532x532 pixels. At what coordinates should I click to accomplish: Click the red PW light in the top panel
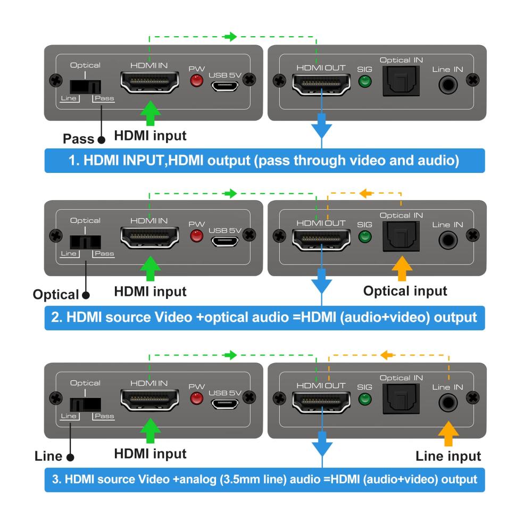click(197, 81)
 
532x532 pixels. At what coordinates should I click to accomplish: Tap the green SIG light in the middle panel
click(364, 237)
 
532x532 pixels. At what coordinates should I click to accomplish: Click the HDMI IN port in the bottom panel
click(149, 401)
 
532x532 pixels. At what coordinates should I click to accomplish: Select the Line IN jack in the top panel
click(448, 83)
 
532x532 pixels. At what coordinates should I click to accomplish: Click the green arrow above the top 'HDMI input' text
click(149, 113)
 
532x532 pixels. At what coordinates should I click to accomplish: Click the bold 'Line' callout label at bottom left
click(48, 456)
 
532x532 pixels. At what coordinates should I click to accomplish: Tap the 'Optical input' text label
click(405, 291)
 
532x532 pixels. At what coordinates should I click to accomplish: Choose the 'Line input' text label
click(448, 456)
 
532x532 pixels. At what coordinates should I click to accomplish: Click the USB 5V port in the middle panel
click(225, 241)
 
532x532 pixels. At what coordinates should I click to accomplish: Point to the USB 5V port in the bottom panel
click(225, 403)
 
